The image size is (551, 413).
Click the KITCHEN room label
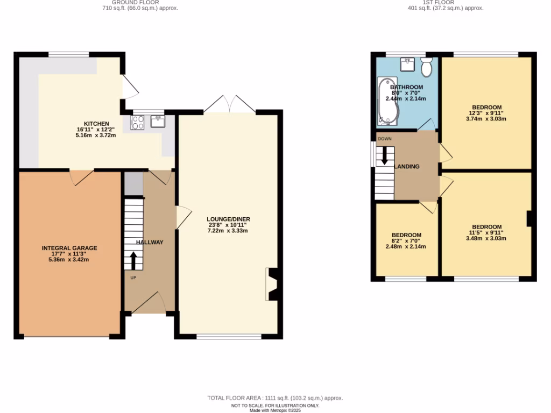[96, 124]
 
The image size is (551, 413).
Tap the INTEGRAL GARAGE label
[69, 248]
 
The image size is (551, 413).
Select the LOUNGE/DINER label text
[228, 219]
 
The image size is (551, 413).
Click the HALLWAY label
[150, 243]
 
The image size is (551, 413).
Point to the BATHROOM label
[406, 87]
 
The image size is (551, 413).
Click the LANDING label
[407, 167]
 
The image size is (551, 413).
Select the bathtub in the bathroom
[386, 100]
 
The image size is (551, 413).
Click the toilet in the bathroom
[427, 68]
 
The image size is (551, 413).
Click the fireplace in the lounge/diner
[271, 284]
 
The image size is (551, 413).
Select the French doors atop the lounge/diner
[230, 104]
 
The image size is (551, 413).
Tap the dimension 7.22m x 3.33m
[228, 231]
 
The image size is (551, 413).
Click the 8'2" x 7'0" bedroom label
[406, 241]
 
